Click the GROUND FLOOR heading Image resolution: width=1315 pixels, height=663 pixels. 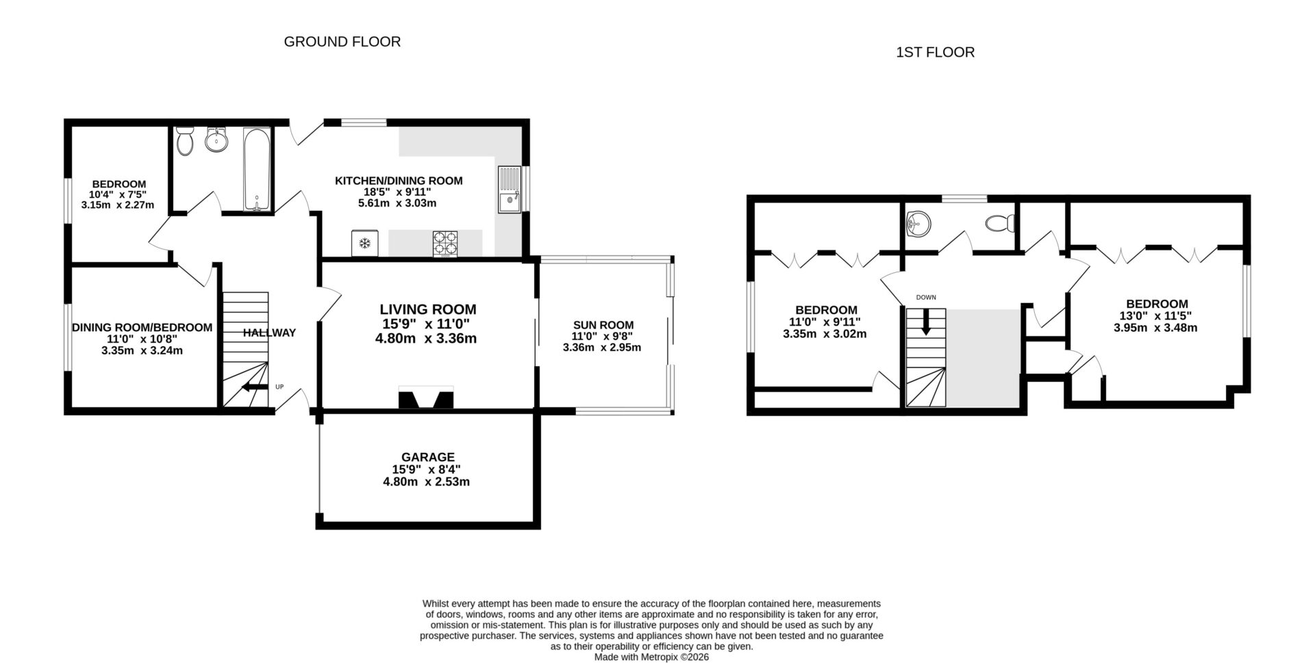(x=342, y=42)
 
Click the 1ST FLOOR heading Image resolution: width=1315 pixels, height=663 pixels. (x=935, y=53)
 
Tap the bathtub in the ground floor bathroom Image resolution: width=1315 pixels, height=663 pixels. (x=257, y=169)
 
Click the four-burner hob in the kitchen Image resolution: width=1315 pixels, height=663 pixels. (x=445, y=243)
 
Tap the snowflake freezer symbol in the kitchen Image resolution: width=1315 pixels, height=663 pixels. (x=365, y=244)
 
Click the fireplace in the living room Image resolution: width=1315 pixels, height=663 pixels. (x=426, y=398)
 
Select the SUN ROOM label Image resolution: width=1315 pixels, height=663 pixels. (x=603, y=325)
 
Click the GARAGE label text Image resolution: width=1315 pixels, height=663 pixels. (x=427, y=457)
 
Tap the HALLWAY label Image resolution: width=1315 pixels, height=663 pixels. (x=269, y=333)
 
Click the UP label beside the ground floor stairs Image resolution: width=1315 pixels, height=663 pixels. (x=279, y=387)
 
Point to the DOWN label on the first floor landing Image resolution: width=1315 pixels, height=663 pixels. (x=925, y=298)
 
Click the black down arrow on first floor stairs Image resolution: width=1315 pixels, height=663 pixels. (x=925, y=322)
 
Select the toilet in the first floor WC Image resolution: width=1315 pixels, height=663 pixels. (x=1001, y=223)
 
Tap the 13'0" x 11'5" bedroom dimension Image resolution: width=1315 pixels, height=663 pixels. (x=1155, y=316)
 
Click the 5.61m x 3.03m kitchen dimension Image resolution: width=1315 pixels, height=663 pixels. (x=397, y=203)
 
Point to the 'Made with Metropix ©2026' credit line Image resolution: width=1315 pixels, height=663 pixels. (x=651, y=657)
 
